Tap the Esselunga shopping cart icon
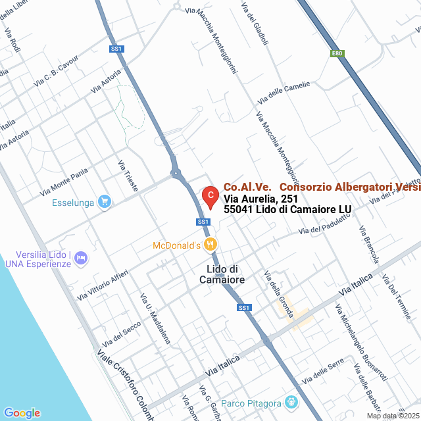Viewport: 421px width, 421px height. click(x=104, y=202)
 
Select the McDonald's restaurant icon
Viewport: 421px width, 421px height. click(x=210, y=245)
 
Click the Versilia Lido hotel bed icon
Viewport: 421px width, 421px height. click(x=81, y=257)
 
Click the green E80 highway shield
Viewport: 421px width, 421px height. click(x=337, y=53)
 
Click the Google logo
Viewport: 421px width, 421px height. click(x=22, y=412)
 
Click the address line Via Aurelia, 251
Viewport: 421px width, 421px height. click(x=260, y=198)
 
